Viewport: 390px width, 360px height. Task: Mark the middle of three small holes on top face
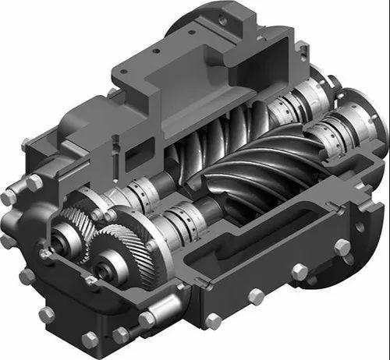[x=156, y=51]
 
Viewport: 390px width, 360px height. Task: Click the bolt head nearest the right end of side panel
[x=342, y=248]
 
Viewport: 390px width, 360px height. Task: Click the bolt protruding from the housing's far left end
[x=8, y=198]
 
